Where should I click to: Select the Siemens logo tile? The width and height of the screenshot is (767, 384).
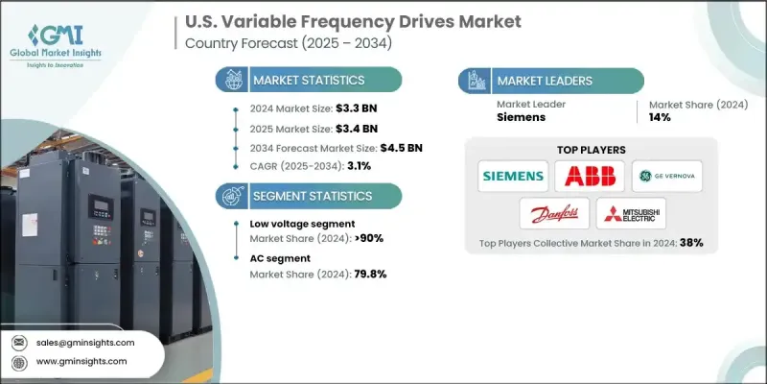point(512,176)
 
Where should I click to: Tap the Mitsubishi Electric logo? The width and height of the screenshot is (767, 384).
point(630,212)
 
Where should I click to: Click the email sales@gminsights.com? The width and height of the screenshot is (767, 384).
point(84,343)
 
